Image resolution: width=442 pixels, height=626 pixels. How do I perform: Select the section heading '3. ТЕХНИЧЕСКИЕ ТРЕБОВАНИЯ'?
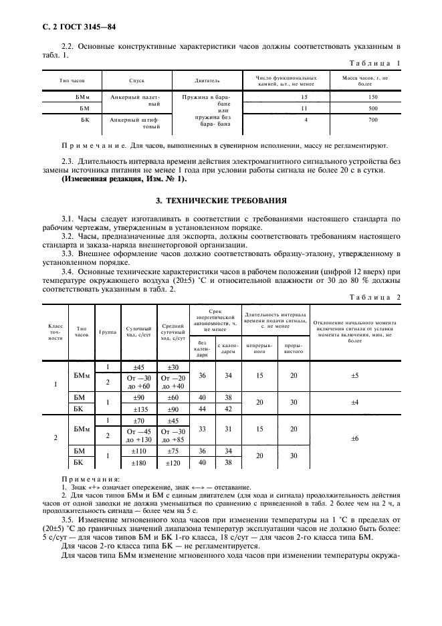(x=221, y=200)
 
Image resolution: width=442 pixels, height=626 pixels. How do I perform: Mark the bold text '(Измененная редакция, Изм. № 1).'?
(x=124, y=180)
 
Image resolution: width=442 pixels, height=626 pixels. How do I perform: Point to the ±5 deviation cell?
(x=354, y=377)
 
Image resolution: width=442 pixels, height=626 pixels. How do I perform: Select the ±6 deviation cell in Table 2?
(x=354, y=438)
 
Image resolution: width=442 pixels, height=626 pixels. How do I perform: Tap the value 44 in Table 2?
(x=202, y=409)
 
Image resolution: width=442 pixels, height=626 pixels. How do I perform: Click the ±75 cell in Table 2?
(x=173, y=451)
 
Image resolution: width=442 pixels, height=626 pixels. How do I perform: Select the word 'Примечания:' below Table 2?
(x=90, y=480)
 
